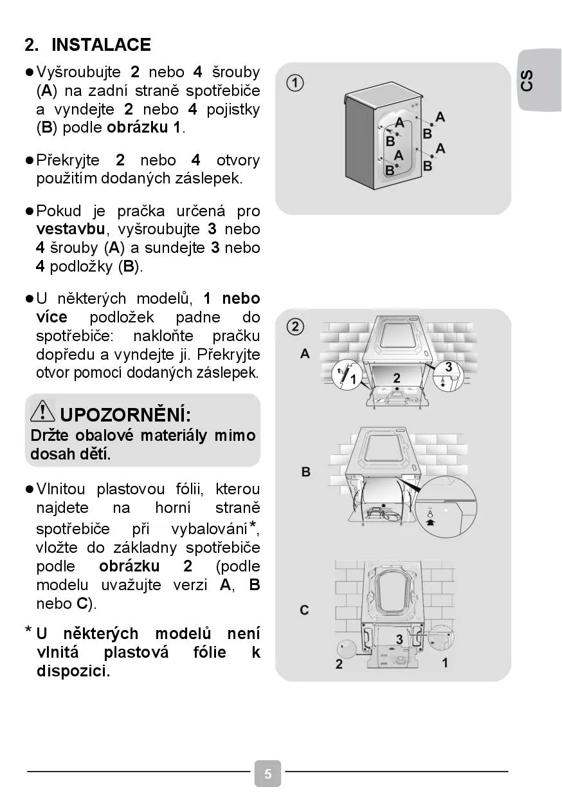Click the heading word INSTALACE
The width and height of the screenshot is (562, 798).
(101, 45)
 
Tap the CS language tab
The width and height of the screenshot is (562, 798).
(527, 80)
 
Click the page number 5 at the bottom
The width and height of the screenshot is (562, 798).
(267, 774)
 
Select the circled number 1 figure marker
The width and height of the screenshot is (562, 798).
(295, 83)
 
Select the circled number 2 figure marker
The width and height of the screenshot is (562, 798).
(295, 327)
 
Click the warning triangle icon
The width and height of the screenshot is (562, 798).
(43, 411)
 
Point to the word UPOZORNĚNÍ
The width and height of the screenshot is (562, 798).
(125, 413)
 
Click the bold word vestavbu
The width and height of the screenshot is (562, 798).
(70, 229)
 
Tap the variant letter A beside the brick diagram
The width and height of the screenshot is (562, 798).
(305, 353)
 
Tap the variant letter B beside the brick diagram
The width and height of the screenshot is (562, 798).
(305, 472)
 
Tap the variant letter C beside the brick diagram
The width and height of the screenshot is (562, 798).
(305, 609)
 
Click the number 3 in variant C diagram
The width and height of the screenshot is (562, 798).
(399, 639)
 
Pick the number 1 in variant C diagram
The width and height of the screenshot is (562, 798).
(445, 662)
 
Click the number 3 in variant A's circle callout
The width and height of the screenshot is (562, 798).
(448, 367)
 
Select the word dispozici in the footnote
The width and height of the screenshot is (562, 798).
(73, 671)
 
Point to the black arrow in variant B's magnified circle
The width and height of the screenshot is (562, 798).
(430, 523)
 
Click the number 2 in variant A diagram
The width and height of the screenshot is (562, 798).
(397, 378)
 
